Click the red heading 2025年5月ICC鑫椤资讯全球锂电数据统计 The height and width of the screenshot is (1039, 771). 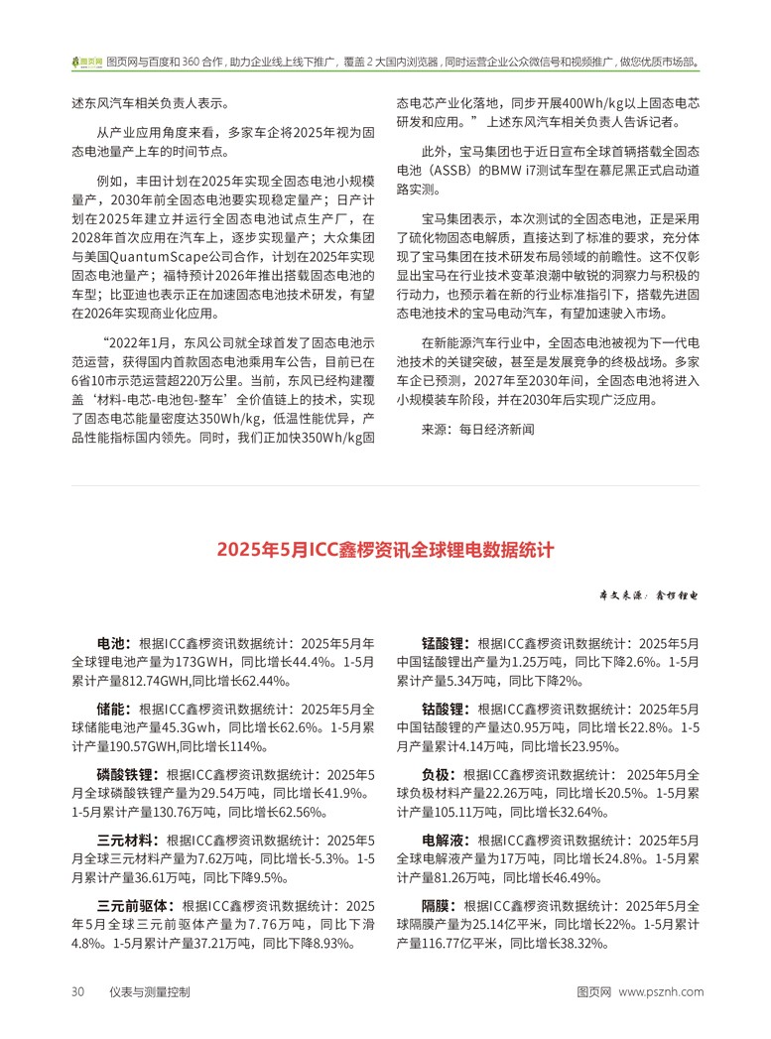point(385,550)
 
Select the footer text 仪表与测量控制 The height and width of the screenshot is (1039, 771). point(150,991)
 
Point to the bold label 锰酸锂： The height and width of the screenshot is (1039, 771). point(447,642)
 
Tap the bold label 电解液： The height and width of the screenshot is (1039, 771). point(447,841)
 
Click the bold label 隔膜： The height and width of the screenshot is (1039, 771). point(440,906)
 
